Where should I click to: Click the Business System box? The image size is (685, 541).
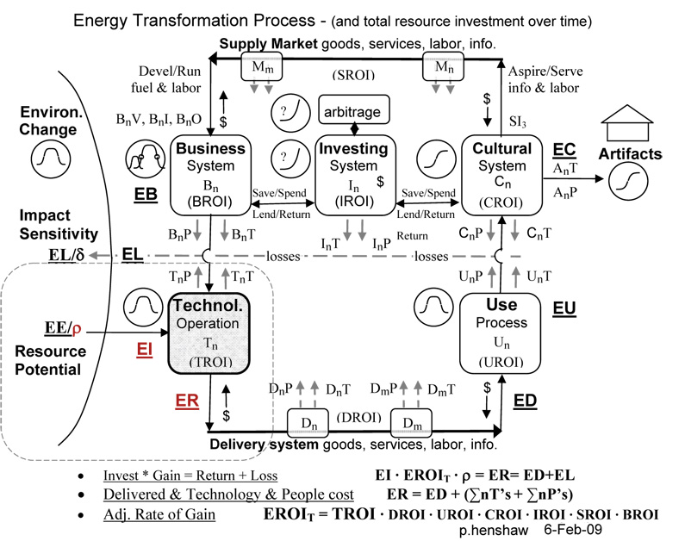click(210, 175)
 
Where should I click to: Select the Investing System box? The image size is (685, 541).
click(355, 175)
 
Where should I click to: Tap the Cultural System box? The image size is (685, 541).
click(501, 175)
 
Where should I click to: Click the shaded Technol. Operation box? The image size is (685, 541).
click(209, 333)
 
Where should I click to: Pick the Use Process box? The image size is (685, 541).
click(500, 333)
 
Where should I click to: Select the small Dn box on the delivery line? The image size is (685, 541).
click(308, 422)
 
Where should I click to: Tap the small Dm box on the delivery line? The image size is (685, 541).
click(411, 422)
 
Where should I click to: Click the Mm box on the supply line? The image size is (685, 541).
click(262, 66)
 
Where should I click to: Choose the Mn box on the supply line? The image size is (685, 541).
click(443, 66)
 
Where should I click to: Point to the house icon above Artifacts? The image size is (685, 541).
click(627, 122)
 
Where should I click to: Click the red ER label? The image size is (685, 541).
click(187, 401)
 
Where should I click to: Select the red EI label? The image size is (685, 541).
click(145, 349)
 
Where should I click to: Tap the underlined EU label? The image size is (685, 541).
click(564, 308)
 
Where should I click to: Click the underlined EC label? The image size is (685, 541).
click(564, 150)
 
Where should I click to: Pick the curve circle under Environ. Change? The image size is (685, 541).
click(51, 158)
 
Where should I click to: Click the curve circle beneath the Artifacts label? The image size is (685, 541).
click(628, 181)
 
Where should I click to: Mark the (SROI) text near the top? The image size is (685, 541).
click(353, 75)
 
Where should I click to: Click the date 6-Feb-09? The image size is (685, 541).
click(573, 530)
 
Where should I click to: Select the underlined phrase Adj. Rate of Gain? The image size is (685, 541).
click(159, 514)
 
